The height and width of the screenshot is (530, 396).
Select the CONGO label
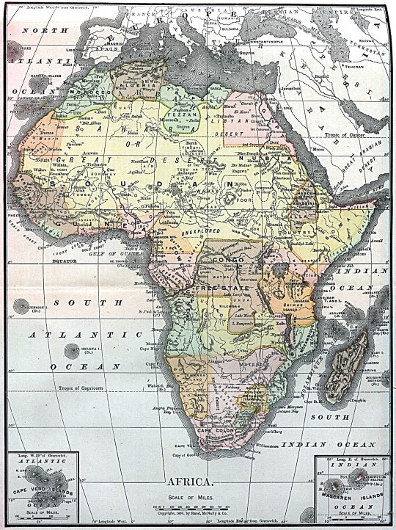[x=222, y=261]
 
